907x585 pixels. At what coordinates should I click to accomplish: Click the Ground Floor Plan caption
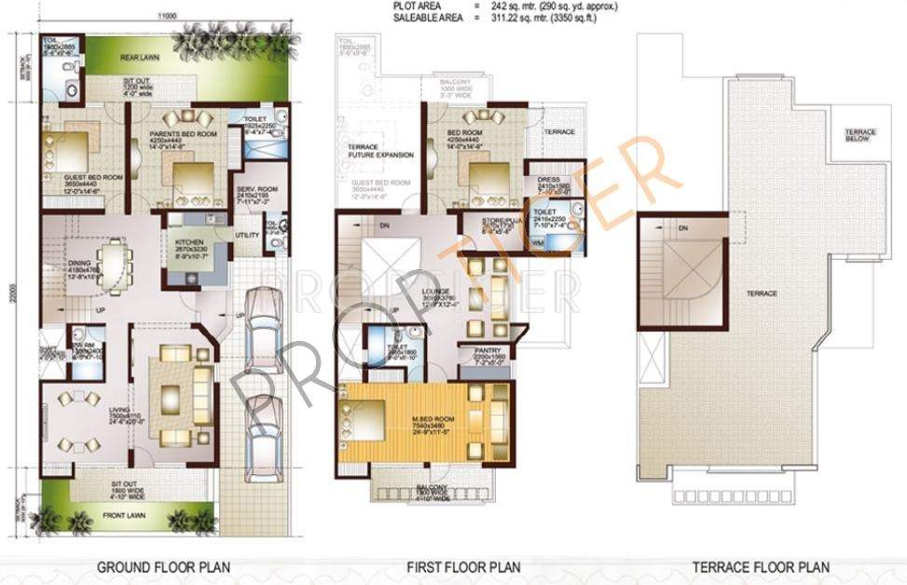click(163, 566)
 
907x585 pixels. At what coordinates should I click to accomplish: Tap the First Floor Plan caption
click(463, 566)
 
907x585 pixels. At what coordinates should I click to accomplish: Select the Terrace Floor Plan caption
click(761, 566)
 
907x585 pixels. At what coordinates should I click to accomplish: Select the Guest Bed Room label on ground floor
click(93, 177)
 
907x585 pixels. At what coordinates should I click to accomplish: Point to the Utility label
click(247, 235)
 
